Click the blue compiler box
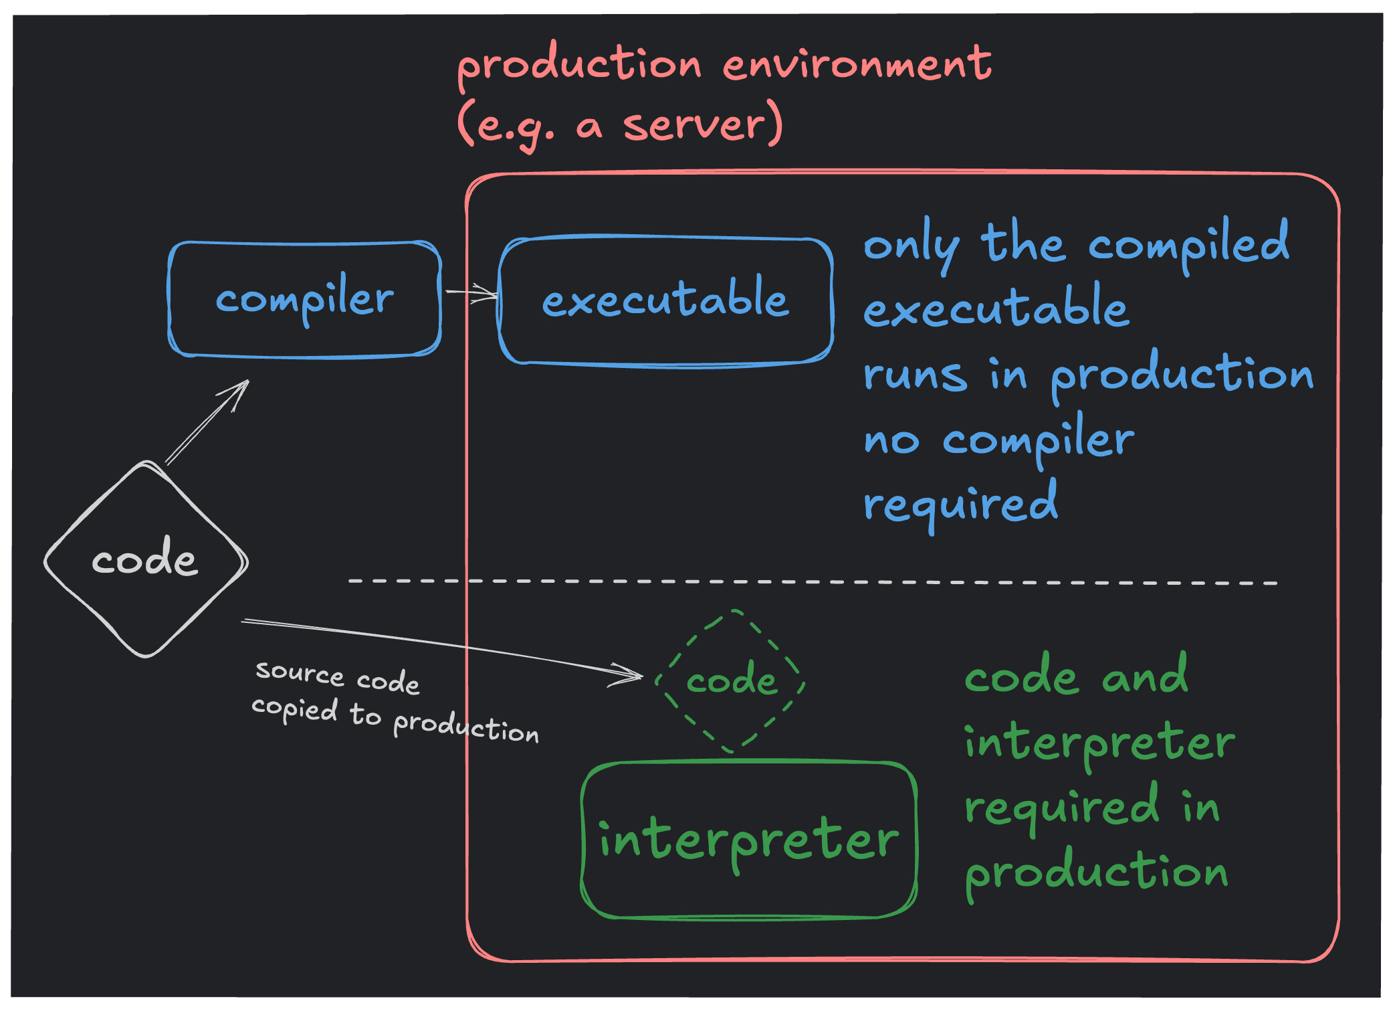click(304, 299)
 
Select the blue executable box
click(665, 300)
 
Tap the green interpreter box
click(748, 840)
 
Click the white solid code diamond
click(145, 559)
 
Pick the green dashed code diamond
click(731, 681)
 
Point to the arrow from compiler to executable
click(471, 293)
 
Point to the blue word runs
click(914, 375)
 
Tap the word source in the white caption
click(300, 672)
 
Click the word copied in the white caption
click(294, 709)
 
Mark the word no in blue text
click(891, 442)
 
